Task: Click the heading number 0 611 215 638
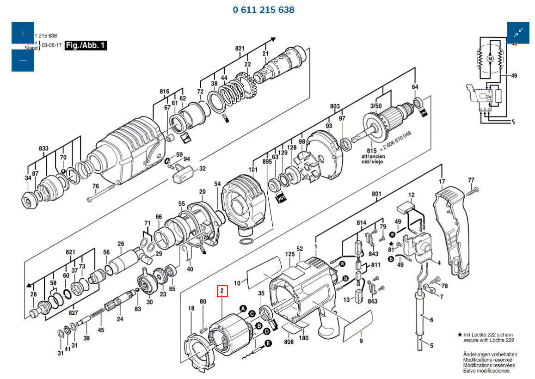coord(264,10)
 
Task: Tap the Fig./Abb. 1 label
coord(86,45)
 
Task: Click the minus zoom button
coord(23,60)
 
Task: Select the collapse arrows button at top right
coord(518,33)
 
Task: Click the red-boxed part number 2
coord(222,291)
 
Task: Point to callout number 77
coord(471,180)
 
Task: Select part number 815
coord(372,151)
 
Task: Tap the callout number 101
coord(253,169)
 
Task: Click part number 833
coord(43,148)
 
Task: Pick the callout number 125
coord(290,254)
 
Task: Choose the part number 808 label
coord(289,342)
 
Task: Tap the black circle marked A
coord(242,308)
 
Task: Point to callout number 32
coord(202,169)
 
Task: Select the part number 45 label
coord(101,330)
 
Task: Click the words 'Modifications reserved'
coord(487,360)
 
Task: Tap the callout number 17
coord(442,181)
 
